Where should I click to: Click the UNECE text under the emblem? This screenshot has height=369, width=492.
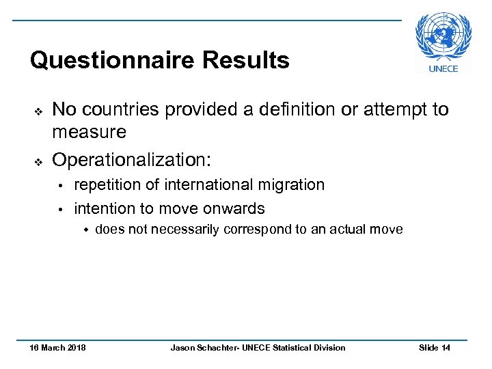click(443, 68)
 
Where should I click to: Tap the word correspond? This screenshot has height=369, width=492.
click(258, 230)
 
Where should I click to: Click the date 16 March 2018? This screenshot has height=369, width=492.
click(57, 348)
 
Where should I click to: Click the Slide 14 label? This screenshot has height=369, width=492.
click(434, 348)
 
